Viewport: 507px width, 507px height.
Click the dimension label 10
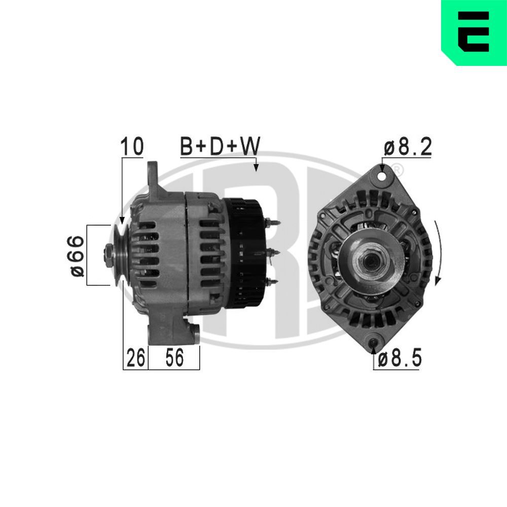pos(131,147)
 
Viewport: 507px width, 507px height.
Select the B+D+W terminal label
pos(220,147)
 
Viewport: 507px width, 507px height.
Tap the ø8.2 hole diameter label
pos(407,147)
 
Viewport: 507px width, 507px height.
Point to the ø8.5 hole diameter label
pos(400,359)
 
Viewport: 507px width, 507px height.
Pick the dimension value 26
pos(135,358)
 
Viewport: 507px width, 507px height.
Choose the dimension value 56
pos(173,358)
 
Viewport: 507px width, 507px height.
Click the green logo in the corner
pos(474,32)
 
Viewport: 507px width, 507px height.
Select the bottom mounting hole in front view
pos(374,345)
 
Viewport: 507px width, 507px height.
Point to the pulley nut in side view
pos(109,252)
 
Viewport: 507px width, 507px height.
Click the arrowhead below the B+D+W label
pos(256,168)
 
